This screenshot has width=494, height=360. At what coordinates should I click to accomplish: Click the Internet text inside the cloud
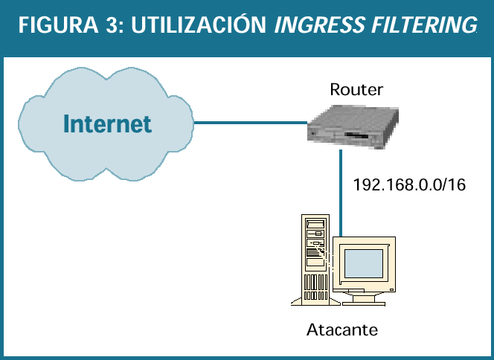[107, 123]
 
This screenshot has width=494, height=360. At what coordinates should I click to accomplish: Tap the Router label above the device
[356, 90]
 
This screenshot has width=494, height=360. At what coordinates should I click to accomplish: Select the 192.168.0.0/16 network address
[409, 185]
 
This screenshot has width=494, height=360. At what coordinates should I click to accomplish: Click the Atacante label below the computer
[343, 329]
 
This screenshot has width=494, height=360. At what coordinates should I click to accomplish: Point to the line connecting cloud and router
[249, 123]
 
